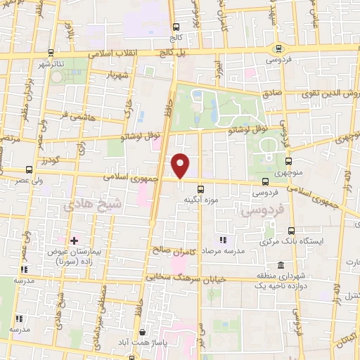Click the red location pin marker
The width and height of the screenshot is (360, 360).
coord(181,166)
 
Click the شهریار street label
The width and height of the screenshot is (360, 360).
coord(117,73)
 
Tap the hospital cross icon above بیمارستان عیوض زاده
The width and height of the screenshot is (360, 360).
coord(74,240)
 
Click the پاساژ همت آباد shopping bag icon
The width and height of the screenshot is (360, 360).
coord(143,332)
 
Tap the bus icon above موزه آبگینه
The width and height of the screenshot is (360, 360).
coord(201,188)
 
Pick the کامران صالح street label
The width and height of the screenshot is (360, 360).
coord(173,250)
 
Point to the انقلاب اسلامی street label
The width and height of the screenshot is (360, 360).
coord(118,53)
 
